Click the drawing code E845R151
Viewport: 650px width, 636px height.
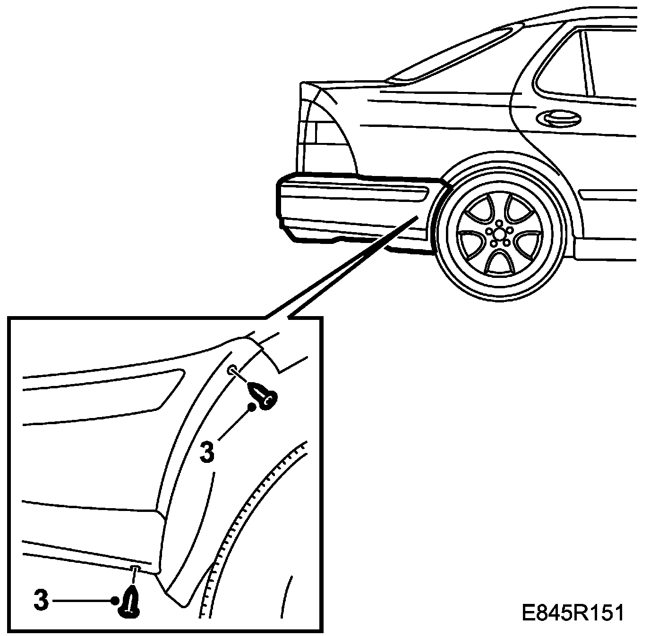click(x=573, y=613)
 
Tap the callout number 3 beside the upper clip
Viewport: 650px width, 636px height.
click(x=207, y=451)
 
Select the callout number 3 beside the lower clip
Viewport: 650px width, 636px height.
click(x=42, y=600)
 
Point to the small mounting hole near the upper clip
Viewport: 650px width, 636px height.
click(x=231, y=370)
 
